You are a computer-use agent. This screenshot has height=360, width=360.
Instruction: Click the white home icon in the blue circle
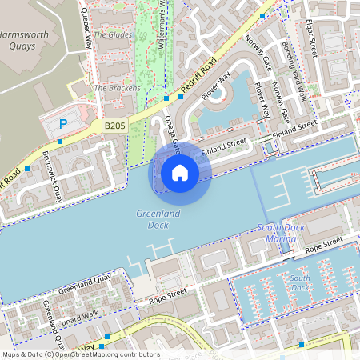pos(180,172)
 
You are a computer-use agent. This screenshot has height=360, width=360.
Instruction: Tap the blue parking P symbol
pos(63,124)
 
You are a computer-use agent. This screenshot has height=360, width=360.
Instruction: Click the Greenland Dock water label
pos(158,220)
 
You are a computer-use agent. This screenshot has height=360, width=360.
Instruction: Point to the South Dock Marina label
pos(284,233)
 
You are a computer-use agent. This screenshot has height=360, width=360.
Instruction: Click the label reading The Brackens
pos(117,87)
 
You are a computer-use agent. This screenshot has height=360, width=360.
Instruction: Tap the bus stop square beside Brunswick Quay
pos(28,169)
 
